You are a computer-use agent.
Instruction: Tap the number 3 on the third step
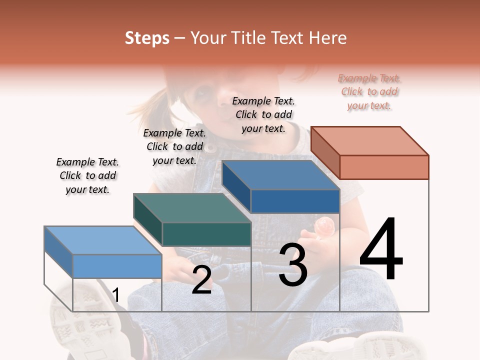[292, 264]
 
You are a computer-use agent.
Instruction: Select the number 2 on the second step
[201, 280]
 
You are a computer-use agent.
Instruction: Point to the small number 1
[116, 295]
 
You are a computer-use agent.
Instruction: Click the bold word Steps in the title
[147, 38]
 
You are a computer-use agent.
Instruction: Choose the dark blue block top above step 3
[280, 175]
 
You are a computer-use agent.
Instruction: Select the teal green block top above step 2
[192, 208]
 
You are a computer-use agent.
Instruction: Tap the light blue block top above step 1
[103, 240]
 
